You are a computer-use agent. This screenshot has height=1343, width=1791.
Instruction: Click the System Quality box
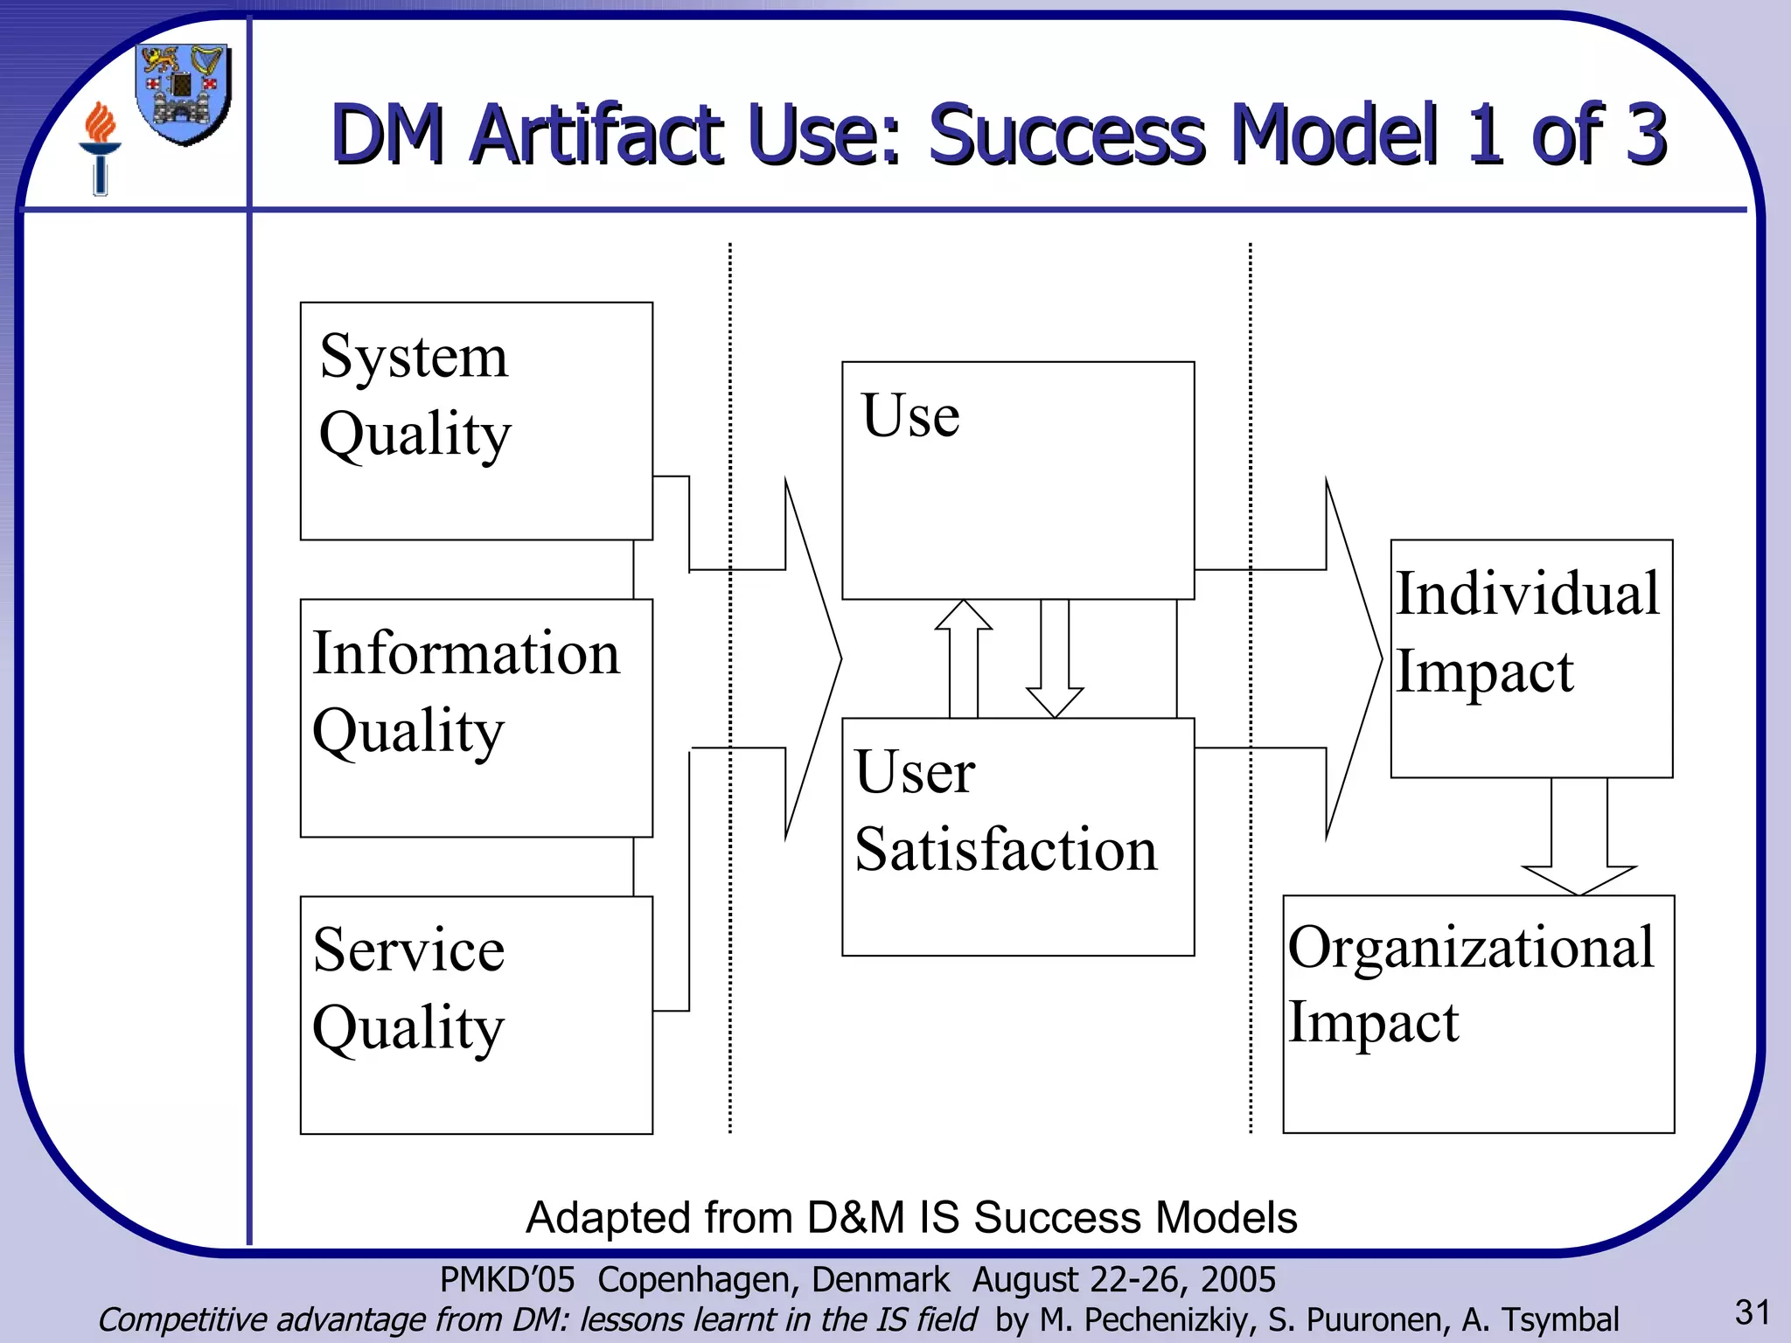(x=476, y=421)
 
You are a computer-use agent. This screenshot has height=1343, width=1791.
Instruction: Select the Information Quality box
(x=476, y=718)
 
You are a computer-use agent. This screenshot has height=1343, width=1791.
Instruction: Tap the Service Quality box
(x=476, y=1014)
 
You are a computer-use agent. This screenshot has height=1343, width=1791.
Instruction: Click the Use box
(x=1017, y=480)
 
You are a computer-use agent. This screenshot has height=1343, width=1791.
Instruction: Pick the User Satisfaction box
(x=1017, y=837)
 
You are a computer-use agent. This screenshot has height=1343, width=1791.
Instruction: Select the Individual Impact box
(x=1531, y=658)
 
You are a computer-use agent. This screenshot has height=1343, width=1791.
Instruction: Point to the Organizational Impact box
(x=1478, y=1014)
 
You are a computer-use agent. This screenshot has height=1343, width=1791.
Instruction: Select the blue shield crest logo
(x=184, y=93)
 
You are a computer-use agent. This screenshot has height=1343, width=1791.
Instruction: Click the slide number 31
(x=1753, y=1312)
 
